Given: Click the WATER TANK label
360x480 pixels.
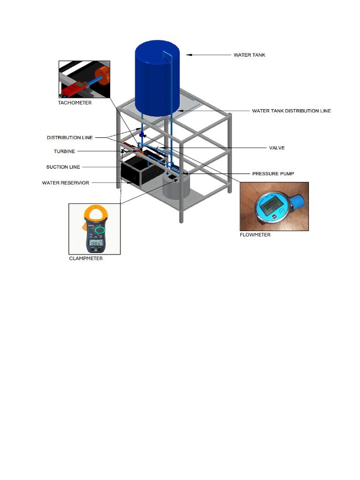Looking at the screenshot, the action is tap(249, 55).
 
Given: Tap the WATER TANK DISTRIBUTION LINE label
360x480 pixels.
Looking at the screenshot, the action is tap(291, 111).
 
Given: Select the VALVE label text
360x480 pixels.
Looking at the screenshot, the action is tap(277, 148).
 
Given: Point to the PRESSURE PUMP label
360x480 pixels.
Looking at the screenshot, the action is tap(273, 173).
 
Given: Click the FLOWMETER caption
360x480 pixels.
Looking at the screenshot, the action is tap(255, 235).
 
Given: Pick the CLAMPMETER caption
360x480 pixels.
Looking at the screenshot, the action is tap(86, 258).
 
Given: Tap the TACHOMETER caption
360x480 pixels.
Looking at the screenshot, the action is tap(75, 103).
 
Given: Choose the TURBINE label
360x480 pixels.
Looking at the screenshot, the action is tap(64, 151).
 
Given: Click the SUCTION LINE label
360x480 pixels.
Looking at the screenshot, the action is tap(63, 167).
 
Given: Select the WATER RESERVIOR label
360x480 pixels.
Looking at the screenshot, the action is tap(66, 183).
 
